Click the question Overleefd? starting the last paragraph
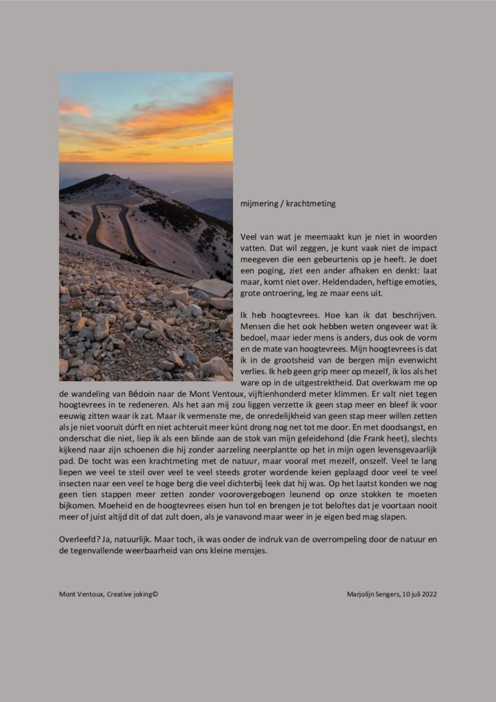pyautogui.click(x=79, y=539)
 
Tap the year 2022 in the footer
pyautogui.click(x=428, y=594)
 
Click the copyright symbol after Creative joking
pyautogui.click(x=156, y=594)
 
